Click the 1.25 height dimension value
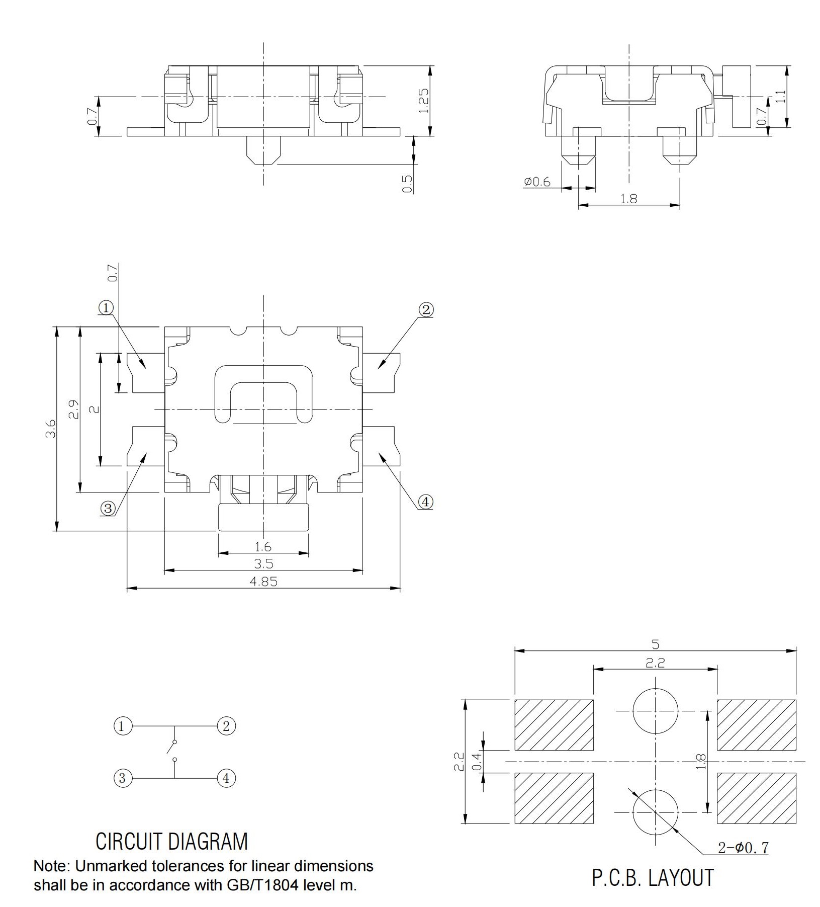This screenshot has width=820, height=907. coord(423,101)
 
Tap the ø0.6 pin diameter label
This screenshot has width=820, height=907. coord(537,182)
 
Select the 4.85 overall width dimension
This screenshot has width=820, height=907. coord(263,582)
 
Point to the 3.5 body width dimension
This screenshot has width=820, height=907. coord(263,564)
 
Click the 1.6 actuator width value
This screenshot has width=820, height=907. coord(263,547)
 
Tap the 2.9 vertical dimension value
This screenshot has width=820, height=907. coord(73,409)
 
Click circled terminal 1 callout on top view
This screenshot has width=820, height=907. coord(106,307)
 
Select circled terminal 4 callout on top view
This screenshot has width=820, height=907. coord(425,502)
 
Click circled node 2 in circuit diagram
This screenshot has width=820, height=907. coord(226,726)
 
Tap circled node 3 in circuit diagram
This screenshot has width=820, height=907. coord(122,778)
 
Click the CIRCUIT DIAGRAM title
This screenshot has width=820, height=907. coord(172,842)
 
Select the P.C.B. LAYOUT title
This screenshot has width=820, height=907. coord(653,878)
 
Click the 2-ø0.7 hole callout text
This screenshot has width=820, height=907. coord(743,848)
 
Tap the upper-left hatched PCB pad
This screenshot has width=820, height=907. coord(554,725)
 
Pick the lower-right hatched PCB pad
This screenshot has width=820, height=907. coord(756,798)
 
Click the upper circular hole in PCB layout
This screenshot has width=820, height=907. coord(655,711)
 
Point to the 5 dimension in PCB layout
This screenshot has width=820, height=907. coord(655,644)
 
